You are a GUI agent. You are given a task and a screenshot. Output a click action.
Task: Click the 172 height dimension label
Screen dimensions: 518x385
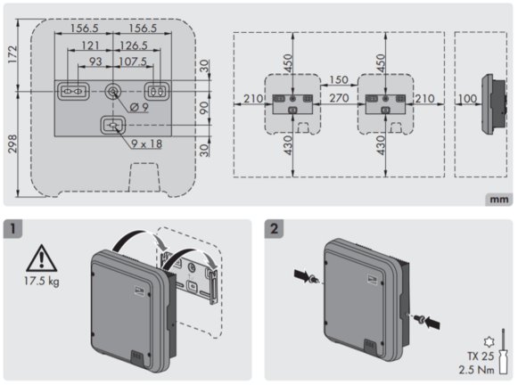[x=12, y=54]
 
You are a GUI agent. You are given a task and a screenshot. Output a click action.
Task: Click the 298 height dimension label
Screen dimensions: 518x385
[x=12, y=143]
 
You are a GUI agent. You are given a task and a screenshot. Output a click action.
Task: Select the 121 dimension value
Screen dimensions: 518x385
[x=90, y=45]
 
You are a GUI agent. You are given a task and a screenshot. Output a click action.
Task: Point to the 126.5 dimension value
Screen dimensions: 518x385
[x=133, y=45]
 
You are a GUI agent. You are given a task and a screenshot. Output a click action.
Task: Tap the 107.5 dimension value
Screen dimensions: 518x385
[x=133, y=61]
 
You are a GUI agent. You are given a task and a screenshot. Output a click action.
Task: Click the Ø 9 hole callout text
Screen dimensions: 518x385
[x=139, y=107]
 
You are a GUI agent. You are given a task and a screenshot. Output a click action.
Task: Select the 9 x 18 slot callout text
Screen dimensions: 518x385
[x=147, y=143]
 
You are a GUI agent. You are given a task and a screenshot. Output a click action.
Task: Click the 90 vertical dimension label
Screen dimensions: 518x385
[x=204, y=108]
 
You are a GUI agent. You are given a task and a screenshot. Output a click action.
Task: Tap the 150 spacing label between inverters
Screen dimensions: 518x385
[x=339, y=79]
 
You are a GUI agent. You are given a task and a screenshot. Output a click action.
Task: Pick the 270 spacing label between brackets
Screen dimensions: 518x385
[x=339, y=98]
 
